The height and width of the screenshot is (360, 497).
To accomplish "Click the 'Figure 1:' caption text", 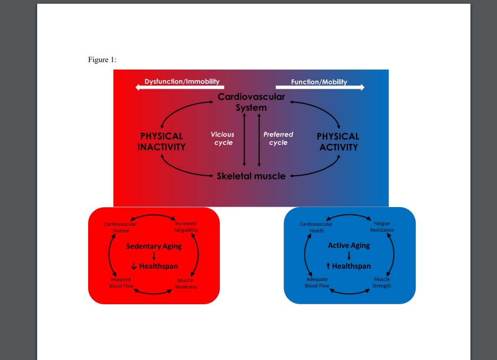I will tap(102, 59).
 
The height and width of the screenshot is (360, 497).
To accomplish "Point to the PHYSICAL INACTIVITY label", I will tap(161, 142).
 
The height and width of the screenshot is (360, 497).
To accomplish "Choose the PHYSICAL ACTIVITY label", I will tap(338, 142).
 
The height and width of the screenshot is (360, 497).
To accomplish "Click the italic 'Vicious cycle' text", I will tap(222, 139).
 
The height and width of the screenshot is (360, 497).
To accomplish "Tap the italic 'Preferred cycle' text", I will tap(278, 139).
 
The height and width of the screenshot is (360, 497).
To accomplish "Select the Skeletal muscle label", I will tap(251, 176).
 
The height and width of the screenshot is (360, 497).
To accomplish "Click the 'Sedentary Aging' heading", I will tap(153, 246).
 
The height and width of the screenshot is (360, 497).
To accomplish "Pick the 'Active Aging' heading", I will tap(349, 245).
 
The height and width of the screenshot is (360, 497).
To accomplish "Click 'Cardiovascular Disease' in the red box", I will tap(121, 227).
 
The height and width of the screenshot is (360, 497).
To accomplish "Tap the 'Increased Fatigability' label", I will tap(186, 227).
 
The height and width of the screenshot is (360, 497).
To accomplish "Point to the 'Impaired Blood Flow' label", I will tap(121, 282).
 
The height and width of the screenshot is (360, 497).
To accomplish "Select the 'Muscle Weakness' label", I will tap(186, 284).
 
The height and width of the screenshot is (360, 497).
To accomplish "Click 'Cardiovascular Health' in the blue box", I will tap(316, 227).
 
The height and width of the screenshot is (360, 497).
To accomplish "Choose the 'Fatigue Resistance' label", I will tap(382, 227).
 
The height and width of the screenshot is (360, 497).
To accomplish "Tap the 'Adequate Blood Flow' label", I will tap(317, 282).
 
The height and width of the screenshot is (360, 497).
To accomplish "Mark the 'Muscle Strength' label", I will tap(382, 282).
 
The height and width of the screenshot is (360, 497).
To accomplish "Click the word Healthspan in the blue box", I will tap(352, 266).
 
